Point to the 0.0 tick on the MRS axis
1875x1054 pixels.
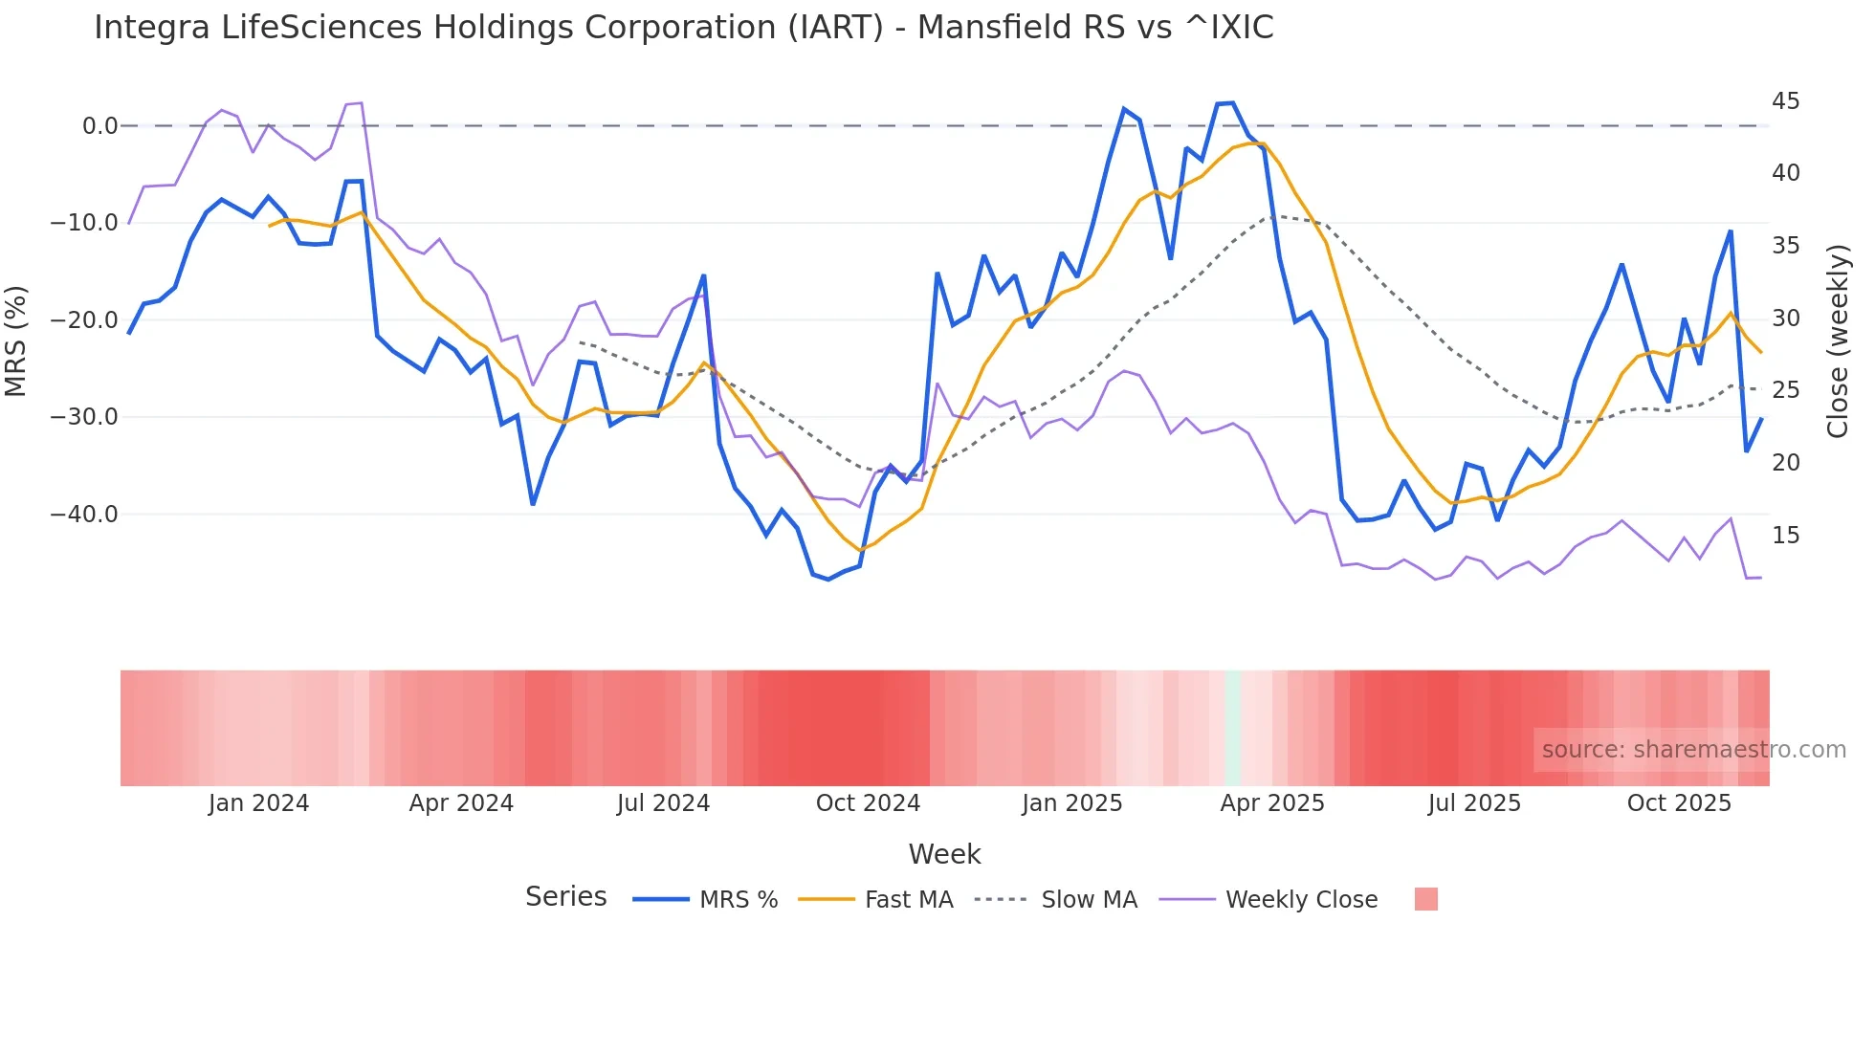pos(99,126)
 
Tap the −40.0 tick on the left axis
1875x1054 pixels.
pos(84,515)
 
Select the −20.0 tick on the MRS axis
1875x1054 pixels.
pos(84,320)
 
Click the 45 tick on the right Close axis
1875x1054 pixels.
pos(1785,101)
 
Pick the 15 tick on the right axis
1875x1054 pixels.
pos(1785,536)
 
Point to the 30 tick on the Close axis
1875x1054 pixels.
pos(1785,318)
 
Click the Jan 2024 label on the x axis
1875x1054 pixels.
pos(258,803)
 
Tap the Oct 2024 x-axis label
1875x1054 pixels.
pos(868,803)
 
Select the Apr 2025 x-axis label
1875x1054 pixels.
pos(1271,803)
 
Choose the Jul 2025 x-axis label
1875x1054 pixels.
pos(1473,803)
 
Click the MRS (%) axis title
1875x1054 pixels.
pos(15,341)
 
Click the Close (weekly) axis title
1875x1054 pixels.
pos(1837,341)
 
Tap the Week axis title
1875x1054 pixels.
pos(944,854)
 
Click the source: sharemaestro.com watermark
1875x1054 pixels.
pos(1693,750)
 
